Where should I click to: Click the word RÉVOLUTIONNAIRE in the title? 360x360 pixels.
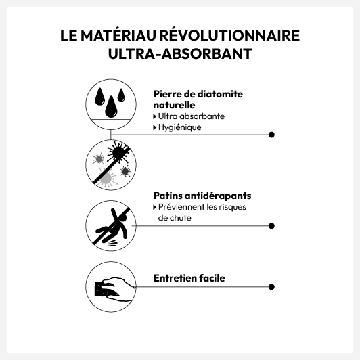point(229,36)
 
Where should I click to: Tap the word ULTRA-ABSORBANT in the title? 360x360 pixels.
point(180,54)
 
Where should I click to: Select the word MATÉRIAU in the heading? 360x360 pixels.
point(118,36)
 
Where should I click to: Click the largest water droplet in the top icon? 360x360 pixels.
point(111,107)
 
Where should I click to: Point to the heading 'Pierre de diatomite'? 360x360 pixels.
point(198,94)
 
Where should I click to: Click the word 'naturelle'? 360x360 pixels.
point(174,105)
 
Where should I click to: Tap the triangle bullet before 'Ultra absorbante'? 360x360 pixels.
point(155,116)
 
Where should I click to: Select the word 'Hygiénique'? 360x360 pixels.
point(179,127)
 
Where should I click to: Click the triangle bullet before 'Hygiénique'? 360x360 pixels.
point(155,127)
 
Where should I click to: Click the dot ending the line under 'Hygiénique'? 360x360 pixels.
point(271,135)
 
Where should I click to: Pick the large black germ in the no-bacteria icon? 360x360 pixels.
point(118,152)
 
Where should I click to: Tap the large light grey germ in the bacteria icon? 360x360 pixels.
point(106,178)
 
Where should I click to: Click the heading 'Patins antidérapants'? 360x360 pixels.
point(202,196)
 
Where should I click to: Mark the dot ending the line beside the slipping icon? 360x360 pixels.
point(271,226)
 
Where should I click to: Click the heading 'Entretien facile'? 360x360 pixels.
point(189,278)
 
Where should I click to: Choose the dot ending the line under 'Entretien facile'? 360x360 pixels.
point(271,287)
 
